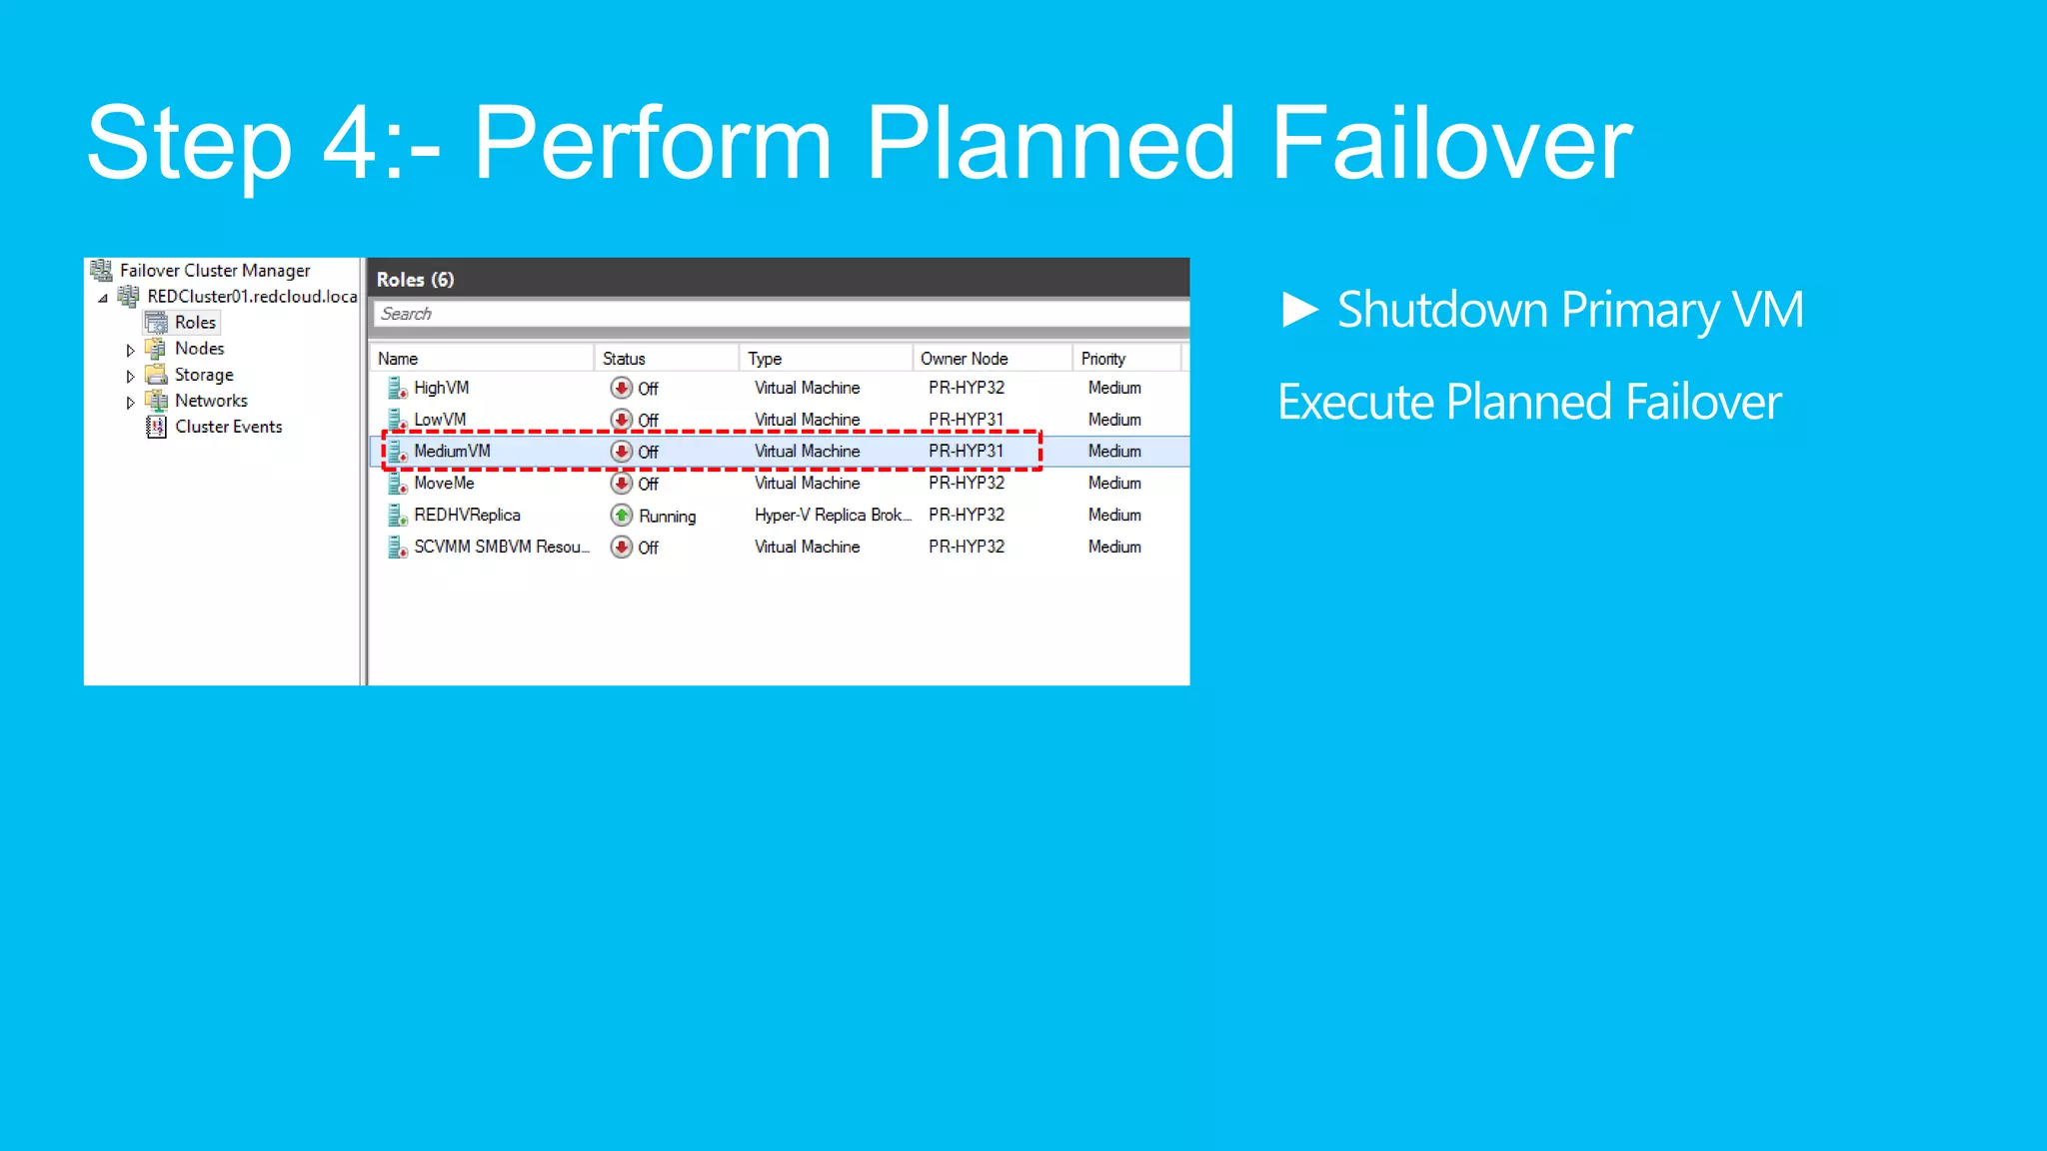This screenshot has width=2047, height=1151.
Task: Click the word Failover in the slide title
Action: [x=1450, y=144]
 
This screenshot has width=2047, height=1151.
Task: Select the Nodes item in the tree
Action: [x=199, y=349]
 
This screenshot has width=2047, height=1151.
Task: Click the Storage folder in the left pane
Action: [x=203, y=375]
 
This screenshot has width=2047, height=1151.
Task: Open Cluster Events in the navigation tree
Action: [x=228, y=427]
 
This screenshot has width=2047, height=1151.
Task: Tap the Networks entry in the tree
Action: [x=211, y=401]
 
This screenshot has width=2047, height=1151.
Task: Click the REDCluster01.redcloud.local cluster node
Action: [x=251, y=297]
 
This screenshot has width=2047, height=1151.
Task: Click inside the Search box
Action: [x=780, y=314]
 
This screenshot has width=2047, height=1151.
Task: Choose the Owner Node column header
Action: [x=964, y=359]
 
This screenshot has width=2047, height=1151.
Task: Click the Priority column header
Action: [x=1102, y=359]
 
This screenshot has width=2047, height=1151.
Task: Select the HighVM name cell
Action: [x=441, y=388]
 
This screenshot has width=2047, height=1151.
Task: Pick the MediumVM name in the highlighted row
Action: [x=452, y=452]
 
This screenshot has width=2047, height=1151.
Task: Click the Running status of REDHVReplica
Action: [x=667, y=517]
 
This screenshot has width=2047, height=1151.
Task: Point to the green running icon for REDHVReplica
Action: [x=622, y=516]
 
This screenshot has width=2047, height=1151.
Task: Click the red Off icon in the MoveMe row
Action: [x=622, y=484]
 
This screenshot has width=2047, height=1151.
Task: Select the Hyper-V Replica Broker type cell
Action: [x=832, y=516]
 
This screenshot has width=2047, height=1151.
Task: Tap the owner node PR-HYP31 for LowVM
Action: [x=966, y=420]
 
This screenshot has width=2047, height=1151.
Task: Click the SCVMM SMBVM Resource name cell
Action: [x=501, y=548]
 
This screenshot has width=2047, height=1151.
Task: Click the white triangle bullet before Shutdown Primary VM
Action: [x=1299, y=310]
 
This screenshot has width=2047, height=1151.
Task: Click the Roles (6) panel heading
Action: [x=415, y=280]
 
